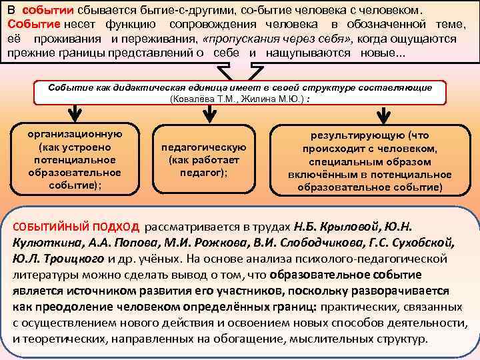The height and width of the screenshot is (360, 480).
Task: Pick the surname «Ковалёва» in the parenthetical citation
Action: [x=195, y=99]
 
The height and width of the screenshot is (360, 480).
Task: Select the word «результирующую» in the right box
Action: [x=351, y=135]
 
